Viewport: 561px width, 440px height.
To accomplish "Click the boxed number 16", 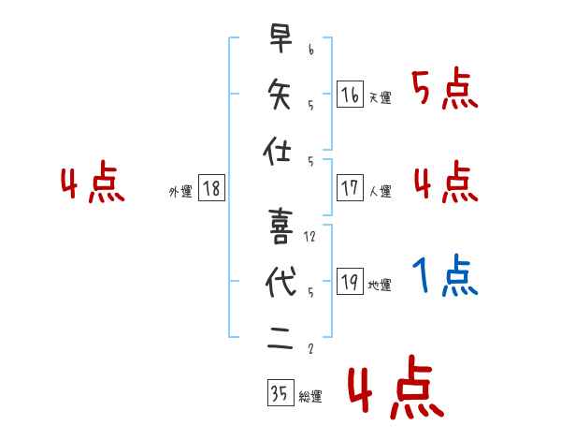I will coord(350,94).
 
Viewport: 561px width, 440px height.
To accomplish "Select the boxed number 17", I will coord(350,187).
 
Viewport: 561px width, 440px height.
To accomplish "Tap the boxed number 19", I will coord(350,282).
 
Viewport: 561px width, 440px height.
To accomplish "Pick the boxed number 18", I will coord(211,188).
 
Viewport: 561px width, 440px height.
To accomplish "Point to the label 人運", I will coord(380,192).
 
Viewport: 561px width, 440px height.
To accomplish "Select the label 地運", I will coord(380,286).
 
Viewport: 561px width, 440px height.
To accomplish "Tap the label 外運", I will coord(180,192).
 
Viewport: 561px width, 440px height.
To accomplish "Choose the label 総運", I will coord(309,397).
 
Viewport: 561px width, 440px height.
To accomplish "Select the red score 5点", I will coord(444,91).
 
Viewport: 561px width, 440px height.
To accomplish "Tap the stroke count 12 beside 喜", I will coord(310,237).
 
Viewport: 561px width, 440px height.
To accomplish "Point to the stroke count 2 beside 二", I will coord(310,350).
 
